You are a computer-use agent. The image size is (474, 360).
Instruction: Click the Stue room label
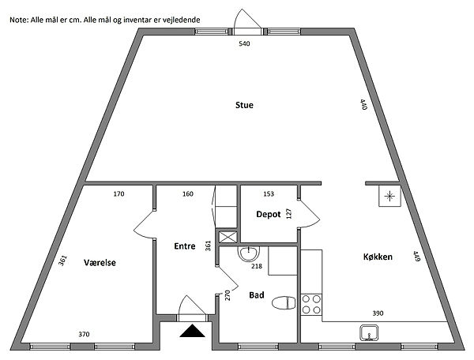244,105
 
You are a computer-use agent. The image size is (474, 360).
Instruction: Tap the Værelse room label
100,262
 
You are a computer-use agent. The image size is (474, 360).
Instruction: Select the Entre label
185,246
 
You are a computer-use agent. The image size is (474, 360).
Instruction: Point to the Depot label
269,215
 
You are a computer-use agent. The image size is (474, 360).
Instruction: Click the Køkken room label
378,257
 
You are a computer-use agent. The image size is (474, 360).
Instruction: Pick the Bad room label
257,295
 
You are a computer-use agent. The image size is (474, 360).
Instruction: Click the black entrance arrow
192,331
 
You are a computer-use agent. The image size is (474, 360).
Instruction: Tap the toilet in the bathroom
284,303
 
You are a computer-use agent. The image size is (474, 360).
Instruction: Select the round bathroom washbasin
249,253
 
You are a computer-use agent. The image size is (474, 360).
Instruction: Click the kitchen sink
369,333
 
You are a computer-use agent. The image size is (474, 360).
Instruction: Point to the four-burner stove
311,305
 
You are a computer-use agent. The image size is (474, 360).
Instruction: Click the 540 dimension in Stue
244,43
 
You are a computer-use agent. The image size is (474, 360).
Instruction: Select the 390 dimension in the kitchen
378,313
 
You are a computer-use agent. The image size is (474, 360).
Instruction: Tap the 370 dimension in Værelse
84,334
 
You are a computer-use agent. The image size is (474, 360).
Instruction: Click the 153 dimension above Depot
269,194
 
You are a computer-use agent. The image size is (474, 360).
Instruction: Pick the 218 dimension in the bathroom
257,266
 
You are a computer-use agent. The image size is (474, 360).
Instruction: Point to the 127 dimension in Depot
288,214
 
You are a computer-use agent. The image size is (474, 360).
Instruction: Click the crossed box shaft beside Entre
228,237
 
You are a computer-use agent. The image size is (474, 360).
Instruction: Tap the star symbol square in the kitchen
390,197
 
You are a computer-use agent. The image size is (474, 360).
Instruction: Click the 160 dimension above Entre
188,194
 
